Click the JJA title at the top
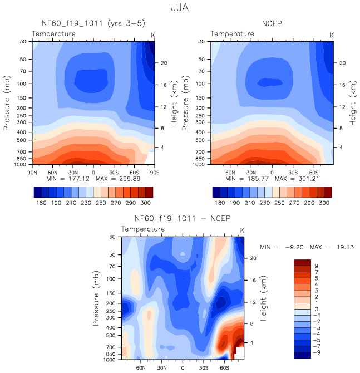point(180,8)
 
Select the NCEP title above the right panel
point(272,23)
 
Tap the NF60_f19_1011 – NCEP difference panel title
point(182,218)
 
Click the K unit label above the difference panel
point(242,230)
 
